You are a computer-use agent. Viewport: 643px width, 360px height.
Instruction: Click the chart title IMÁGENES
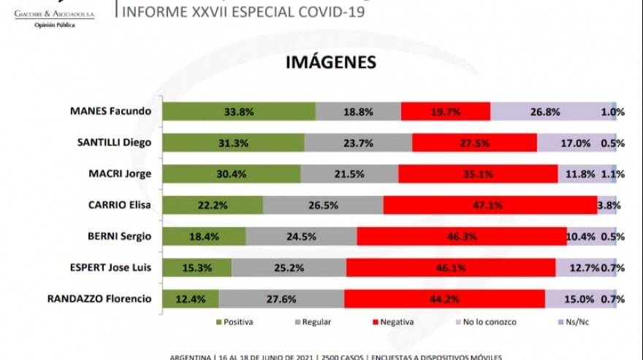coord(331,62)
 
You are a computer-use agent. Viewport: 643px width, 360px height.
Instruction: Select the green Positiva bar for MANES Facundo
coord(238,112)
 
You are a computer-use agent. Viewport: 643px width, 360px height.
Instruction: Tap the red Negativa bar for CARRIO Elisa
coord(490,205)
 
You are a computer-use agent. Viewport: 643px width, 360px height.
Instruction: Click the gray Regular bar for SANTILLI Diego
coord(358,143)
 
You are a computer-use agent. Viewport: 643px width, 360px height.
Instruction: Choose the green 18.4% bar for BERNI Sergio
coord(204,237)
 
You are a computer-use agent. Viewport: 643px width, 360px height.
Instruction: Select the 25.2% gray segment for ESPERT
coord(289,267)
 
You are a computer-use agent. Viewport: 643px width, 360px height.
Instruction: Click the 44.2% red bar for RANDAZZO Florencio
coord(444,299)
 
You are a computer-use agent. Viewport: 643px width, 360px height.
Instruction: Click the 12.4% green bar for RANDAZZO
coord(190,299)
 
